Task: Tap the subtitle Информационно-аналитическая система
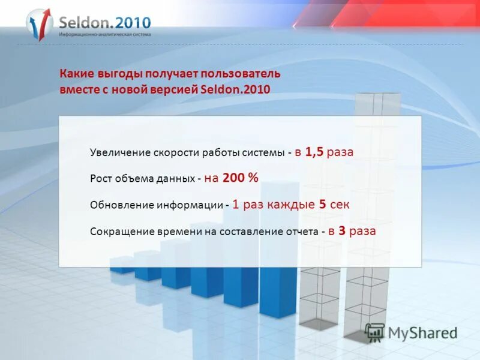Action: tap(104, 35)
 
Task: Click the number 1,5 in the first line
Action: tap(314, 152)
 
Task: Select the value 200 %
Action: tap(240, 178)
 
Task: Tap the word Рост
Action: tap(100, 179)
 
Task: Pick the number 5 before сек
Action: tap(323, 204)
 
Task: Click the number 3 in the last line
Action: tap(342, 230)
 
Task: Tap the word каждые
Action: tap(292, 205)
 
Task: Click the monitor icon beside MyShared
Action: tap(374, 332)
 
